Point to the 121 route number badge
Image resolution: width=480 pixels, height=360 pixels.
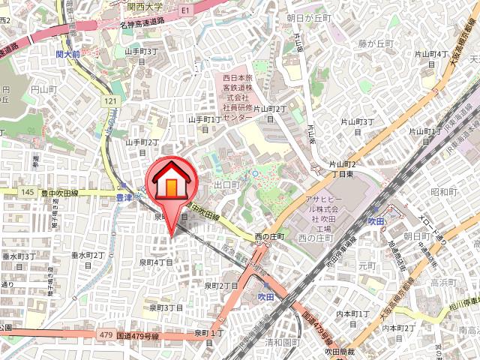point(112,100)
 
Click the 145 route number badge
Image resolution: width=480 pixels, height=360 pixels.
point(28,193)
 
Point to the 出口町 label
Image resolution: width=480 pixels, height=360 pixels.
point(226,184)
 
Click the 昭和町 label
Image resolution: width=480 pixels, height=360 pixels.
point(444,192)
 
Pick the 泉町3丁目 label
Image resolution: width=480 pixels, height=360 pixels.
point(166,307)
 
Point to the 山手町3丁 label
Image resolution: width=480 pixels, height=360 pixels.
point(141,52)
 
